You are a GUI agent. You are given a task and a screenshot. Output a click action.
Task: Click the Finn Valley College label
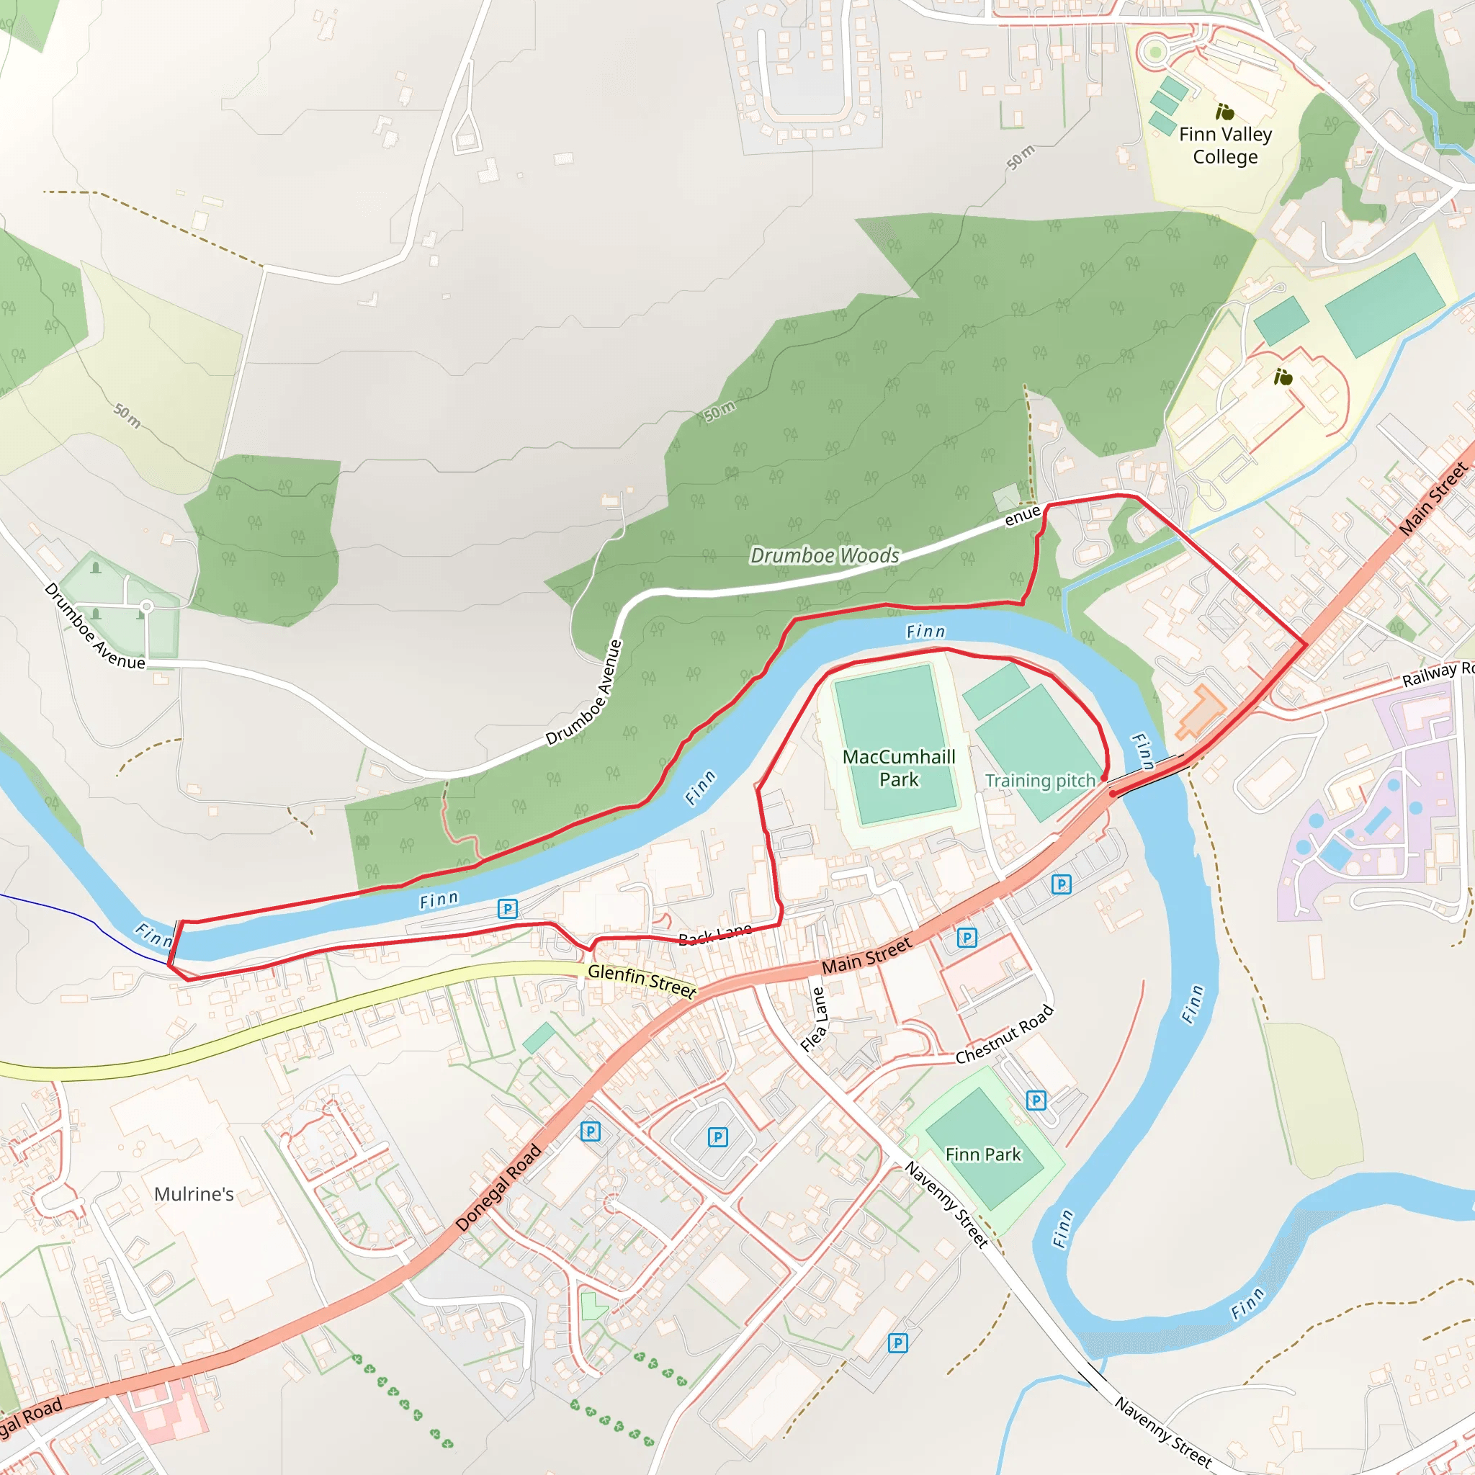tap(1224, 145)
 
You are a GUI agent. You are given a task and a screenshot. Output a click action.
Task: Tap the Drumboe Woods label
tap(825, 556)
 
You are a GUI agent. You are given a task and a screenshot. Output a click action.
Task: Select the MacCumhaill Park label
tap(899, 768)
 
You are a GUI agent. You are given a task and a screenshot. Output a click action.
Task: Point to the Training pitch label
tap(1040, 780)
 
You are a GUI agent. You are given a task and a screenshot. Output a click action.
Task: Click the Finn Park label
tap(982, 1155)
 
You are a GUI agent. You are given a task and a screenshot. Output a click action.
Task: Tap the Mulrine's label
tap(194, 1194)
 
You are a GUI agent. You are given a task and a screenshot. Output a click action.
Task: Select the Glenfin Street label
tap(641, 981)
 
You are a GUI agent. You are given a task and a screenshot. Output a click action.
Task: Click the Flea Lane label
tap(815, 1020)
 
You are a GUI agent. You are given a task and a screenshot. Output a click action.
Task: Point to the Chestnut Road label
tap(1004, 1034)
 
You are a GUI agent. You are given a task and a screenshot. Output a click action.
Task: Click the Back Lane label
tap(715, 933)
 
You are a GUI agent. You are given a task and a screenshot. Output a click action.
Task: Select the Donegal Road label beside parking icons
tap(498, 1188)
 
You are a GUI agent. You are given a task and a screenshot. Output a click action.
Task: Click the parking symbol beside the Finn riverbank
tap(507, 908)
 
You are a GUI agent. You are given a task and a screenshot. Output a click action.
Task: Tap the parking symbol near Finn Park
tap(1035, 1100)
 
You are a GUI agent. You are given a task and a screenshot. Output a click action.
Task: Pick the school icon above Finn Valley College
tap(1224, 112)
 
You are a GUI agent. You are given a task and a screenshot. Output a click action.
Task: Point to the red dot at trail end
tap(1112, 794)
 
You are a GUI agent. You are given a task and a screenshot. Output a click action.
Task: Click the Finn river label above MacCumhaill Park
tap(925, 632)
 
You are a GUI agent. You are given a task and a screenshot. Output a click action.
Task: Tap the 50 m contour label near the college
tap(1021, 156)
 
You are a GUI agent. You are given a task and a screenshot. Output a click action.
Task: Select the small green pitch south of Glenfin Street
tap(539, 1039)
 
